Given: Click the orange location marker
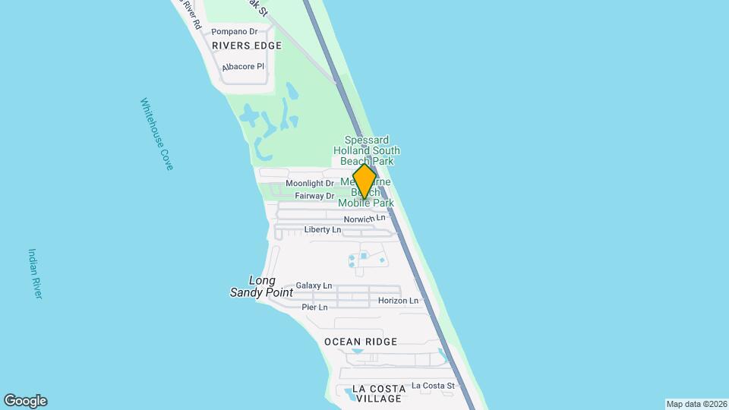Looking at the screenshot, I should coord(365,182).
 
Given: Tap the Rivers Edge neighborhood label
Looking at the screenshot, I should coord(247,46).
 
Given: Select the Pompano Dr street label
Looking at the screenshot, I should coord(235,32).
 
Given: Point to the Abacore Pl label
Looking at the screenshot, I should coord(243,67).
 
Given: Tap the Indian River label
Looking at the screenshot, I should coord(35,273).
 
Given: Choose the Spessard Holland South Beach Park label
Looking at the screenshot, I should coord(372,150).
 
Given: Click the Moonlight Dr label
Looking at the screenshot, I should coord(310,184).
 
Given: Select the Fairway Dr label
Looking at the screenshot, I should coord(314,196).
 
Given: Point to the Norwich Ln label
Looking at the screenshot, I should coord(364,219).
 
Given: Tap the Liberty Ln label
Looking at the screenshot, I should coord(323,229).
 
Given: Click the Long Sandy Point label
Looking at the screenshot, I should coord(253,286).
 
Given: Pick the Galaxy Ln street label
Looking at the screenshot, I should coord(314,285).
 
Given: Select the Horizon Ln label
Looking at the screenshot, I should coord(398,301).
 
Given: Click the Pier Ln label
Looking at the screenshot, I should coord(314,307).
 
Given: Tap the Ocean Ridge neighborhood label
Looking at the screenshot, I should coord(361,342).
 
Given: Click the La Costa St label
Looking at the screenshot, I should coord(433,386).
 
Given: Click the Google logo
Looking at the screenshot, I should coord(25,401).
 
